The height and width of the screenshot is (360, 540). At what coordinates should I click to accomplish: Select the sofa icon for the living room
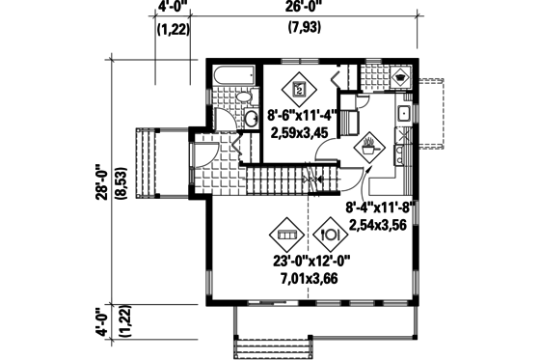click(287, 234)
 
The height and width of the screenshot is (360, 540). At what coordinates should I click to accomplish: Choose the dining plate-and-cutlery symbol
click(328, 235)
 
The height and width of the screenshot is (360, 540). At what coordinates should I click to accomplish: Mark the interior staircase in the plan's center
click(289, 179)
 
